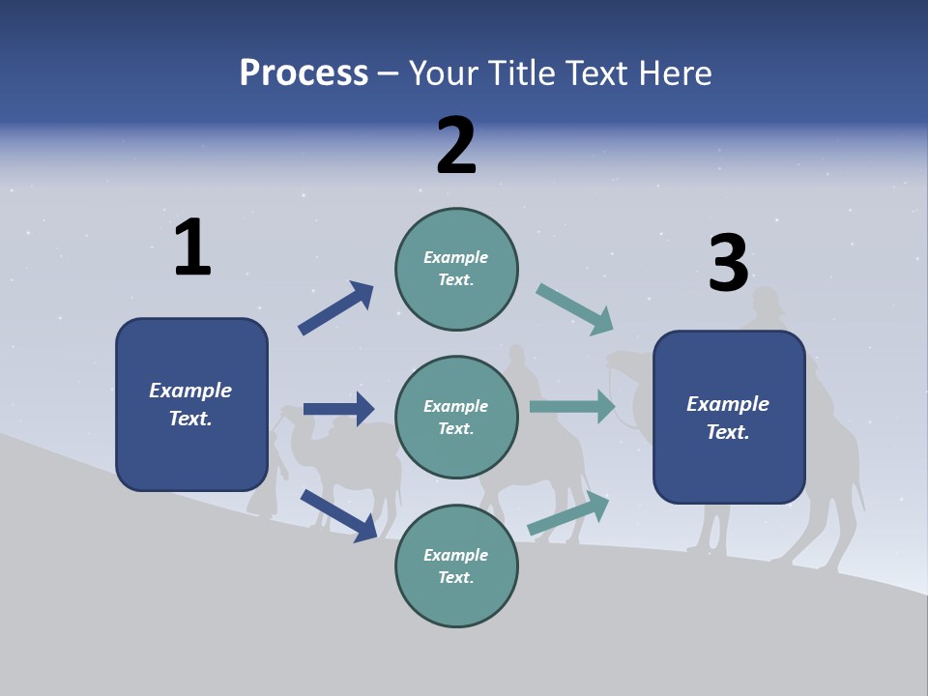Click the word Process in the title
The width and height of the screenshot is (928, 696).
coord(304,72)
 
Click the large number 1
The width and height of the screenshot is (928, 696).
coord(192,247)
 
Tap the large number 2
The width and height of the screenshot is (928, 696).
coord(456,145)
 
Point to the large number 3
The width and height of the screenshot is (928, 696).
coord(728,263)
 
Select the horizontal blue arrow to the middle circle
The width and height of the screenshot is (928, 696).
coord(338,409)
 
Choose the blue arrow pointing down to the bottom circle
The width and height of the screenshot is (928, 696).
coord(339,515)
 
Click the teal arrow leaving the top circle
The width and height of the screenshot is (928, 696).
coord(575,309)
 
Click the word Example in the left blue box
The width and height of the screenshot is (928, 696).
coord(190,391)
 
